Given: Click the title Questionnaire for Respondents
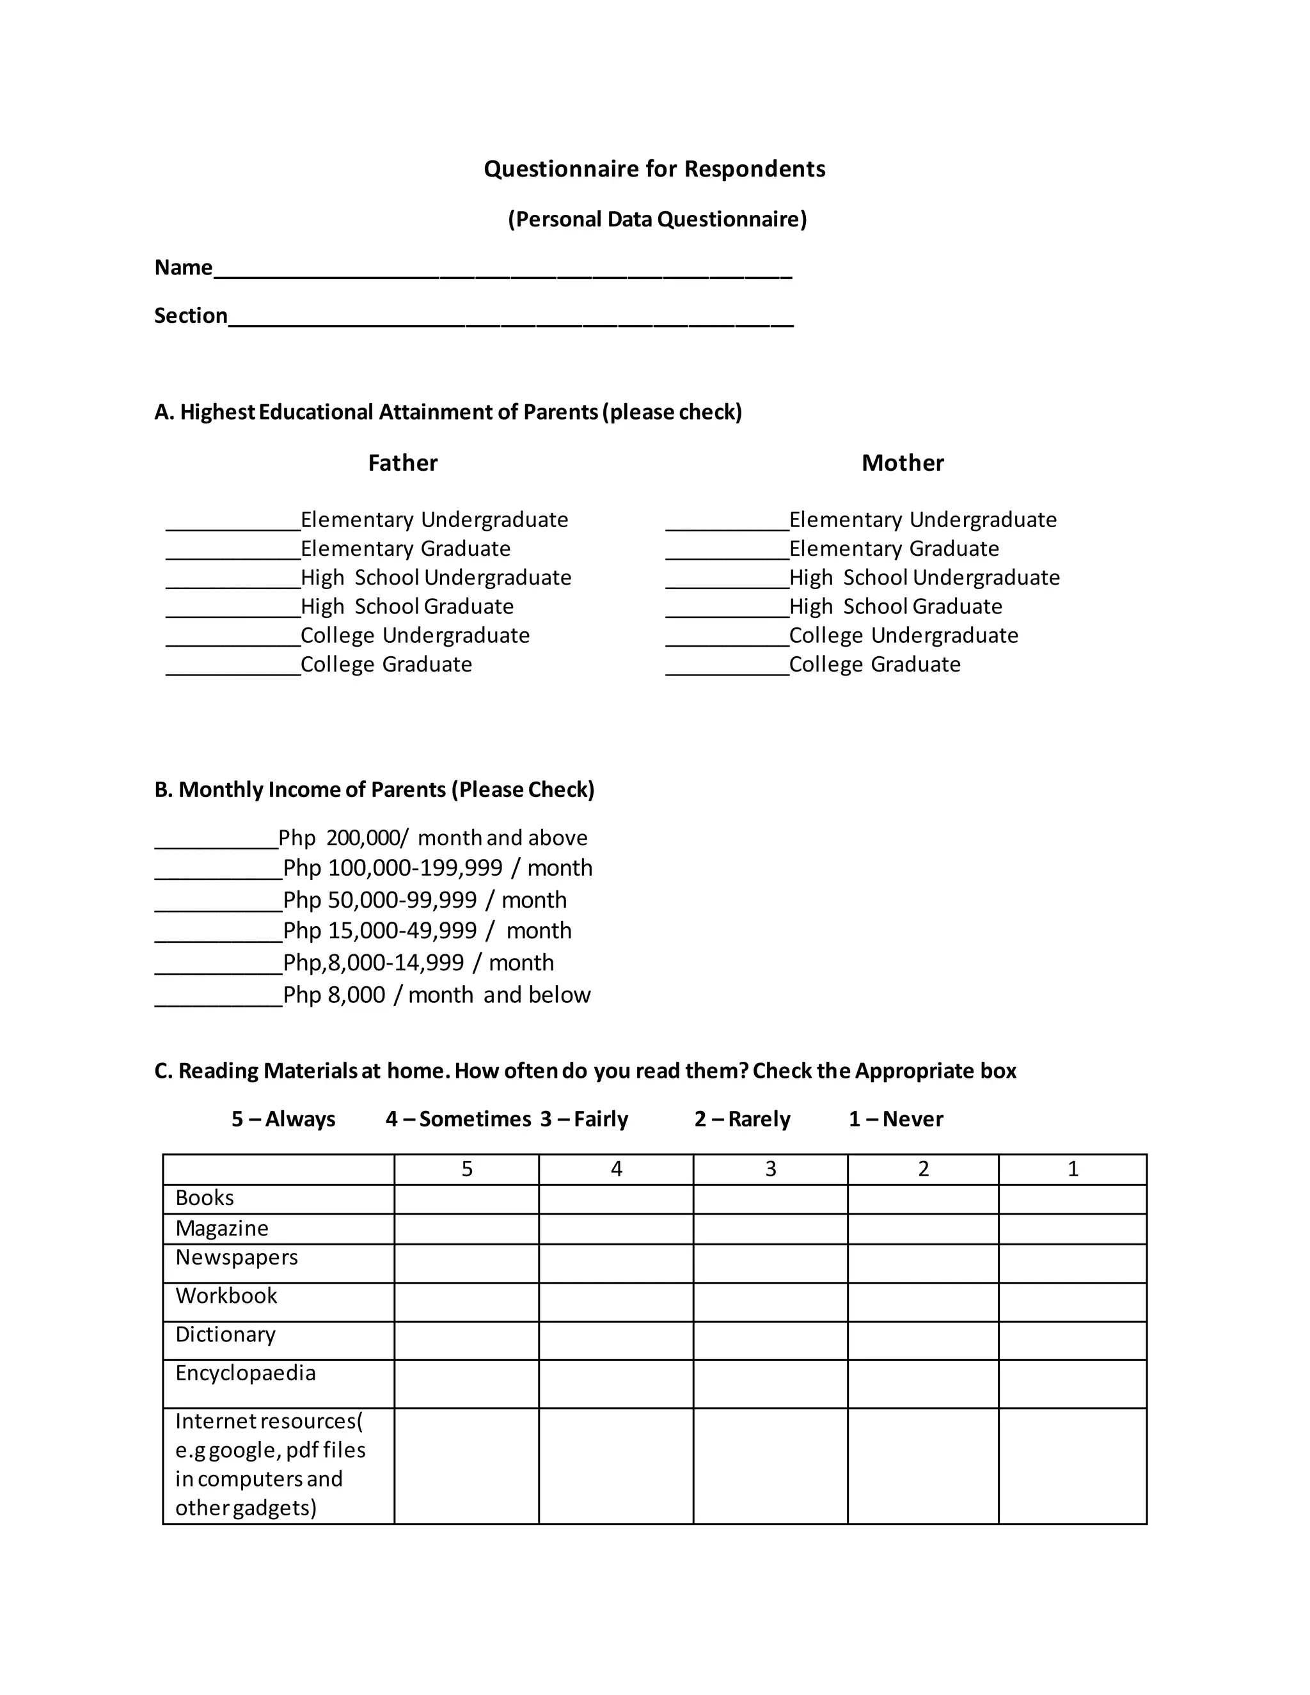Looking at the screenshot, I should click(x=654, y=169).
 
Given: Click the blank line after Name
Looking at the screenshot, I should click(x=502, y=272).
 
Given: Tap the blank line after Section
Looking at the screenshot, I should click(x=510, y=320).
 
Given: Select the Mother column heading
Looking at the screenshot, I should click(x=903, y=463).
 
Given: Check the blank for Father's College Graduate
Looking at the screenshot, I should click(x=233, y=669).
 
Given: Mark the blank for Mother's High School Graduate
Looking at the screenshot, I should click(x=727, y=611).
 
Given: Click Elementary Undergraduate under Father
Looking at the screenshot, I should click(x=434, y=520).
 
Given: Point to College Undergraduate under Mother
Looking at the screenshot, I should click(x=903, y=636).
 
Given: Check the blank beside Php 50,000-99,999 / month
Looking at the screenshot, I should click(x=218, y=904).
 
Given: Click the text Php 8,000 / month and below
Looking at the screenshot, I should click(x=436, y=995).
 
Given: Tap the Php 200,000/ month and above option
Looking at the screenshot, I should click(x=432, y=838).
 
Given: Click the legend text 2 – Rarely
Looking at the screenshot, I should click(x=742, y=1119).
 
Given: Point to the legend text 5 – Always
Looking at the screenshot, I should click(x=283, y=1119).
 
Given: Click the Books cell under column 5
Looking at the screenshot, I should click(x=466, y=1199).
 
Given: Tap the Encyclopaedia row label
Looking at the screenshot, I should click(x=245, y=1374).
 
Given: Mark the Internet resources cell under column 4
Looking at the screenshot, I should click(x=615, y=1466).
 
